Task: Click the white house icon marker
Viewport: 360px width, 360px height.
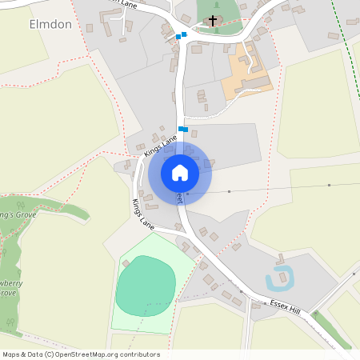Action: [180, 172]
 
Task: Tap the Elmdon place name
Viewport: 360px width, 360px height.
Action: [50, 24]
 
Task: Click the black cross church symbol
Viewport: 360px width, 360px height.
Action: [213, 19]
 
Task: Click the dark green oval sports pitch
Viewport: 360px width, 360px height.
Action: [145, 286]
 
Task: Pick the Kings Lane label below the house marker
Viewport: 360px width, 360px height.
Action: [144, 213]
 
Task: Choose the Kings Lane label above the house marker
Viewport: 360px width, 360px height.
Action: [161, 147]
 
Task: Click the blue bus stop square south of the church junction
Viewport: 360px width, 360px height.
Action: [183, 129]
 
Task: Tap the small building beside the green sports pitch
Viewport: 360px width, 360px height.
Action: [125, 264]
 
